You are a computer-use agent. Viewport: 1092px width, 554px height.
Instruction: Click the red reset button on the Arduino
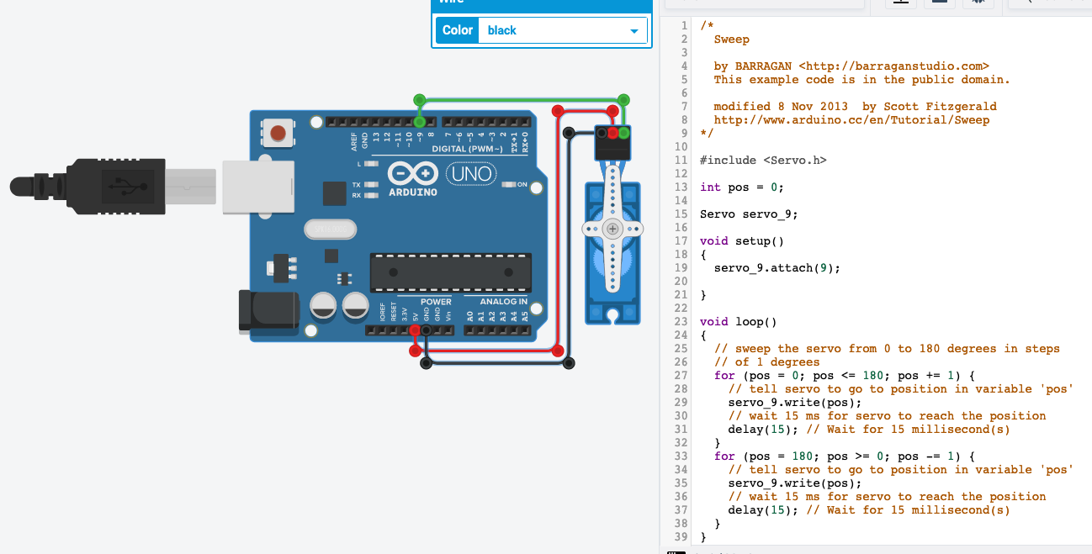(278, 132)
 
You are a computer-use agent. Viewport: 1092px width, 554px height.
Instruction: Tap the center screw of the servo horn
(612, 229)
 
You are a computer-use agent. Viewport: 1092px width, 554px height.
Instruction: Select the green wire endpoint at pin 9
(419, 122)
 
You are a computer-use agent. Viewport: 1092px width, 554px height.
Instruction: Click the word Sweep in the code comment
(731, 39)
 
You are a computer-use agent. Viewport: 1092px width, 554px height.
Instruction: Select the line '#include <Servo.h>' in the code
(763, 160)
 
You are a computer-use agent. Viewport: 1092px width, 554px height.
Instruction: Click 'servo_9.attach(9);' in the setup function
(777, 267)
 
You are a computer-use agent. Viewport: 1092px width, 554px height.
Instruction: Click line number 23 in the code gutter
(681, 321)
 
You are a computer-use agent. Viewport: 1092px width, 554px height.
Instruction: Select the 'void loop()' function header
(738, 321)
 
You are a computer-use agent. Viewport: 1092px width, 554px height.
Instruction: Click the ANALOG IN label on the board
(503, 302)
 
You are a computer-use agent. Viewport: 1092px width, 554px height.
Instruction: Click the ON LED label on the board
(522, 184)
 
